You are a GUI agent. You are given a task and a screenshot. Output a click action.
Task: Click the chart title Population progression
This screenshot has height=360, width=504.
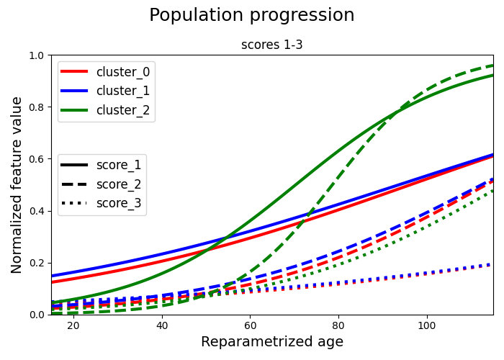point(251,16)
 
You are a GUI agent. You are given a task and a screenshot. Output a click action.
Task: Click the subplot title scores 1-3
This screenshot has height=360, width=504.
point(271,45)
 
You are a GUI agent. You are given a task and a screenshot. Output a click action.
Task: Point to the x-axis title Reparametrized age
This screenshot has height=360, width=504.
point(271,342)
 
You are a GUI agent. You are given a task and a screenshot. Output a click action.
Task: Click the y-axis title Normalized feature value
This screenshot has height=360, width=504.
point(17,185)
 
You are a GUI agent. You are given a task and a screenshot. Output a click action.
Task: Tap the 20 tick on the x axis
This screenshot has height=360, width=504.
point(73,326)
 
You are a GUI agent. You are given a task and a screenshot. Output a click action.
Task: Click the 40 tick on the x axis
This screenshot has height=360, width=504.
point(161,326)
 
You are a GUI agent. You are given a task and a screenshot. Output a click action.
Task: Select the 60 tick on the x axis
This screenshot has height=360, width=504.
point(250,326)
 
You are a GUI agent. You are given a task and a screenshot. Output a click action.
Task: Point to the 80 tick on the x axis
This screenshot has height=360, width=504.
point(338,326)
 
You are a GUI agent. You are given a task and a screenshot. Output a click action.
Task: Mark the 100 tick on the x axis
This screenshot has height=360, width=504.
point(427,326)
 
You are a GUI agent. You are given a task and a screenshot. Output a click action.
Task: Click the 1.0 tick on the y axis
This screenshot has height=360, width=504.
point(37,55)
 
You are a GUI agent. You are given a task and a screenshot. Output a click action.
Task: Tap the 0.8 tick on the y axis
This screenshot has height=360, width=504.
point(37,107)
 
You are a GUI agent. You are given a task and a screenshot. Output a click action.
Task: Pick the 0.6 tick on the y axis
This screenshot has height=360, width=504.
point(37,159)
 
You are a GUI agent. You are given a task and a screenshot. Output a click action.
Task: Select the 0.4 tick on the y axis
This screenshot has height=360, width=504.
point(37,211)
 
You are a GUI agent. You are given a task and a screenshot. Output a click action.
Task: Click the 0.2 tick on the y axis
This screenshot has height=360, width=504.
point(37,263)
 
